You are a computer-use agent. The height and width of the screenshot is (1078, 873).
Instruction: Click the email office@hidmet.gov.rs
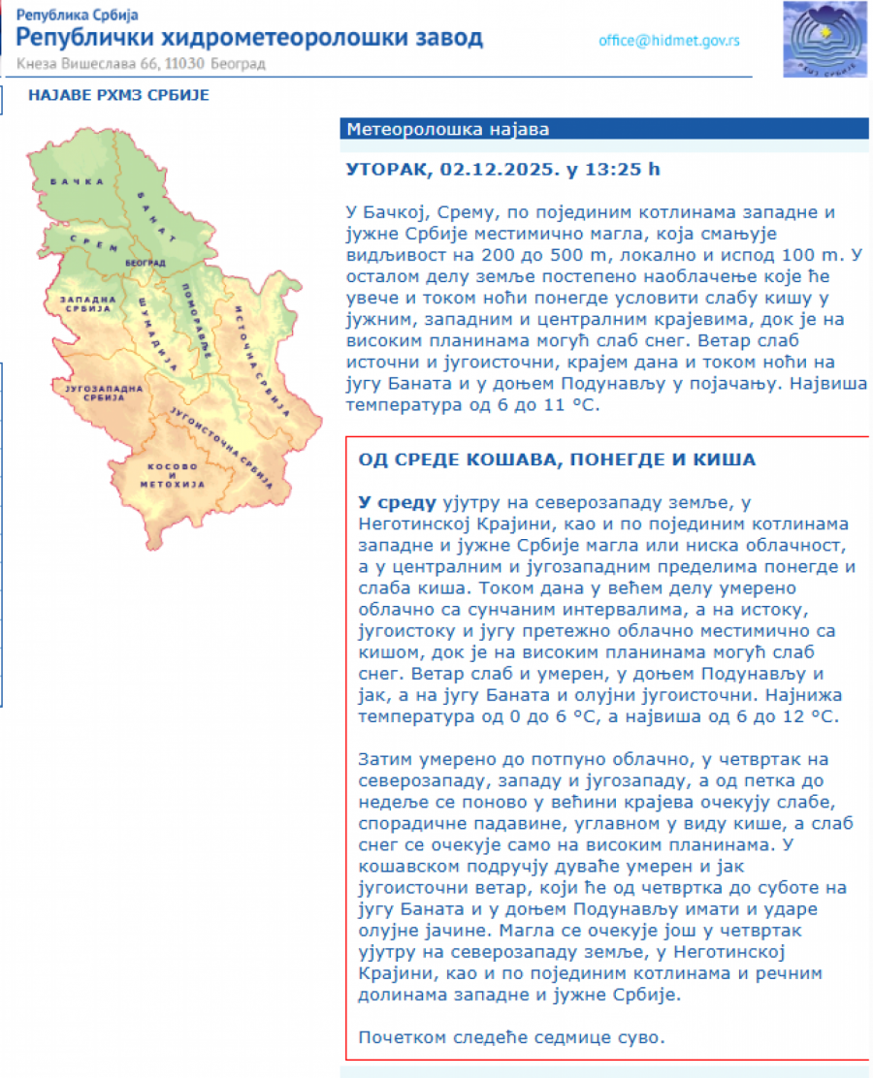pos(669,41)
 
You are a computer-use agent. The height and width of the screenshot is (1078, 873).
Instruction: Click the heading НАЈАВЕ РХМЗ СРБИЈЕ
pos(118,95)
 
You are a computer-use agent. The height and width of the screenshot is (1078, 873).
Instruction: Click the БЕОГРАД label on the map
pos(145,262)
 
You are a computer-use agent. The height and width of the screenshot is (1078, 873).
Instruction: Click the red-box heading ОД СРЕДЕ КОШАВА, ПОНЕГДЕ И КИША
pos(556,460)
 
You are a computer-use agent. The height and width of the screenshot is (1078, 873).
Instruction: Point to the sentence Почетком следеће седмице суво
pos(512,1037)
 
